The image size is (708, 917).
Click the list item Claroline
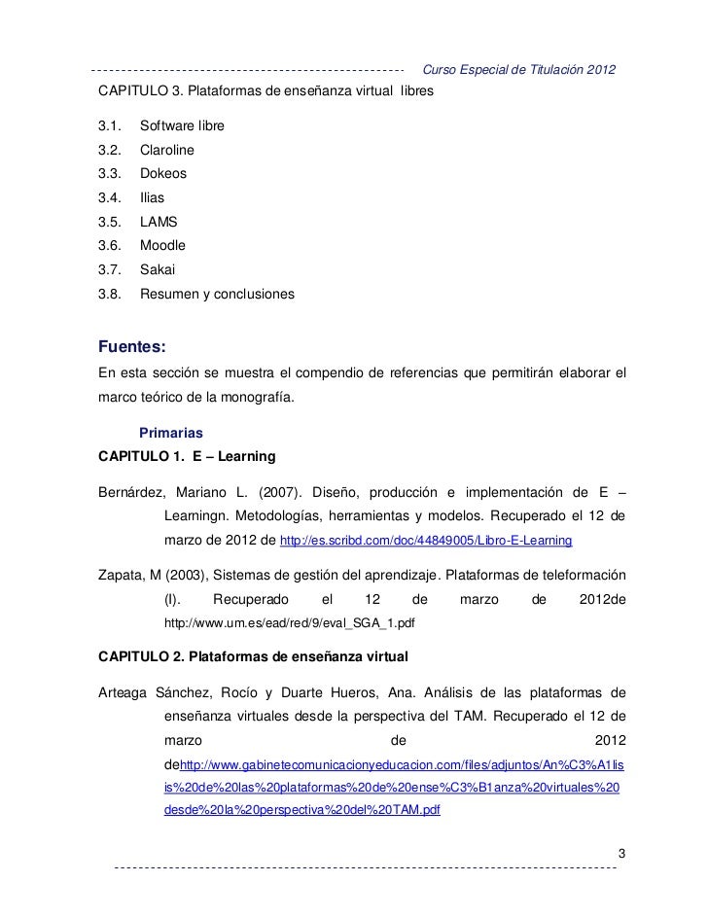coord(167,151)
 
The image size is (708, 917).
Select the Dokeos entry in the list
coord(163,174)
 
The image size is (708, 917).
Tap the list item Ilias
coord(153,198)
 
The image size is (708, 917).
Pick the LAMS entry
coord(159,222)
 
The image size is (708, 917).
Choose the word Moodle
coord(162,246)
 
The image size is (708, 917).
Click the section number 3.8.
coord(108,293)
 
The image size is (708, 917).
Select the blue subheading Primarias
coord(172,432)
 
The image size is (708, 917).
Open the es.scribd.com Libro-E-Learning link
coord(425,540)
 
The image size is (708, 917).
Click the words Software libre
coord(182,127)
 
